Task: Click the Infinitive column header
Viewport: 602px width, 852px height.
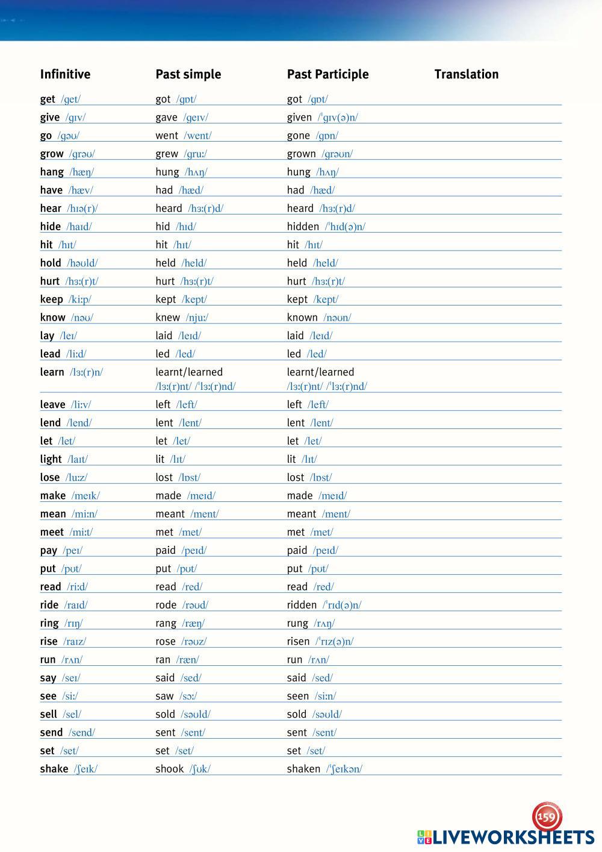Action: pos(65,74)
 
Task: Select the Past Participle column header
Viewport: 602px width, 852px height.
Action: pos(327,74)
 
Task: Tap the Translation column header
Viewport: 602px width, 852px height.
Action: pos(466,74)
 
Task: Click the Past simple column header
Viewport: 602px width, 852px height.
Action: pos(188,74)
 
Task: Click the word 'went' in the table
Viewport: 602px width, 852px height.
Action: pos(167,136)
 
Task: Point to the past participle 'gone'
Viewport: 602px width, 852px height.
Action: pos(298,136)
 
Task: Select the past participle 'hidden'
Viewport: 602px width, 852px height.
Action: pos(303,227)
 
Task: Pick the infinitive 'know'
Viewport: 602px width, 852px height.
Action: pos(52,318)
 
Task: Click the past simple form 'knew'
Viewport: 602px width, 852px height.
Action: pos(167,318)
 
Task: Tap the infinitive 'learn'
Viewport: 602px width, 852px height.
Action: pos(52,372)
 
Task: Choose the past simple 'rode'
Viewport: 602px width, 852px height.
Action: pos(166,605)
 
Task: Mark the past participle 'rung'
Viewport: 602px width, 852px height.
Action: pos(297,623)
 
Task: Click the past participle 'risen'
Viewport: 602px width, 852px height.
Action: pos(298,641)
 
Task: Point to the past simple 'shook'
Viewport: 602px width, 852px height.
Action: pos(169,769)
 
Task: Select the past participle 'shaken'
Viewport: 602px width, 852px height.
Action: pos(303,769)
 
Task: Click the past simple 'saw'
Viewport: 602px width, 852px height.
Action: pos(164,696)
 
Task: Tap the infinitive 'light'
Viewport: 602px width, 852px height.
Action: pos(51,459)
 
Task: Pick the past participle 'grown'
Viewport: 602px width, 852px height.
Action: pos(301,154)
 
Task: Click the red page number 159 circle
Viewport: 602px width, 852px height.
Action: pos(547,817)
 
